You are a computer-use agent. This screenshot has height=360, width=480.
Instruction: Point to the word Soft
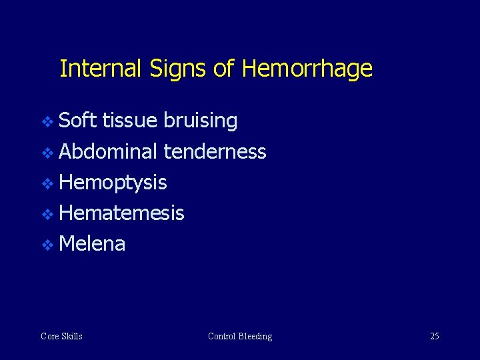78,121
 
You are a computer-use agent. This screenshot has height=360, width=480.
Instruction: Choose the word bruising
200,121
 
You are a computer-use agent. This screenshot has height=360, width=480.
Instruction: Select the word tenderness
215,152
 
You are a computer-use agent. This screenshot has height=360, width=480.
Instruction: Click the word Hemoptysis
113,183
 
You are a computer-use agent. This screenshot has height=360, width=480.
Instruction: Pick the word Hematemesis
121,213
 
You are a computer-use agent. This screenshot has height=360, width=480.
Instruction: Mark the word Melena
92,244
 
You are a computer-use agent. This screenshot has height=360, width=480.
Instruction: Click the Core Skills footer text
61,336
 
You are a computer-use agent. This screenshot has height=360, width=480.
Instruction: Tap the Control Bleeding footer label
240,336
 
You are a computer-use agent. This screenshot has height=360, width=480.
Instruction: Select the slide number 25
434,336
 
